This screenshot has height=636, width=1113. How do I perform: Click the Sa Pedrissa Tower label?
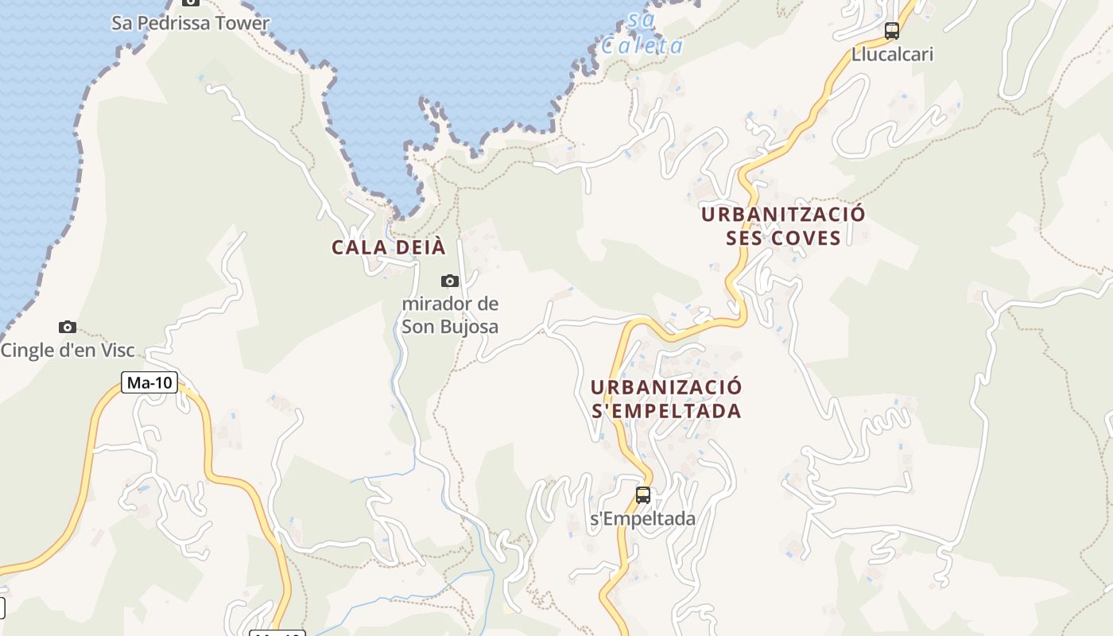(x=191, y=23)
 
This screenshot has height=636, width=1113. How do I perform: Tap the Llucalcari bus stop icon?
(x=892, y=31)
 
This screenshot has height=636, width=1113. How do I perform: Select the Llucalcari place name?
(x=892, y=55)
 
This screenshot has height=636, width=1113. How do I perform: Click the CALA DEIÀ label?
(x=389, y=247)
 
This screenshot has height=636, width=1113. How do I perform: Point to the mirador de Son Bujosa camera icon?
(x=450, y=281)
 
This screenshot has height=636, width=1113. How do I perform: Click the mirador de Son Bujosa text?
(x=450, y=315)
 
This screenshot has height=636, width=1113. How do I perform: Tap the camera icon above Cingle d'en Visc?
(x=68, y=327)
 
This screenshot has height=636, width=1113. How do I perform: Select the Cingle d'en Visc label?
(x=68, y=350)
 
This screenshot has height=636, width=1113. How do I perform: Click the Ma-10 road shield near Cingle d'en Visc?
(x=150, y=382)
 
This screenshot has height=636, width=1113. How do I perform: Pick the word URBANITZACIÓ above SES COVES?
(x=783, y=215)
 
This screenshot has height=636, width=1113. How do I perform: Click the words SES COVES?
(x=783, y=238)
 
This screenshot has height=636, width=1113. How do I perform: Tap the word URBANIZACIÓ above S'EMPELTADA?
(x=666, y=387)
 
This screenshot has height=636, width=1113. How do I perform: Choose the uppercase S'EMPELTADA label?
(x=666, y=411)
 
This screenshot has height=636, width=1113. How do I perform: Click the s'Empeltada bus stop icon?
(x=643, y=495)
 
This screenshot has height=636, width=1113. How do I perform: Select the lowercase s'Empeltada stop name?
(x=642, y=519)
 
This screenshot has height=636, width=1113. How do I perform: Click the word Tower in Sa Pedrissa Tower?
(x=242, y=23)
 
